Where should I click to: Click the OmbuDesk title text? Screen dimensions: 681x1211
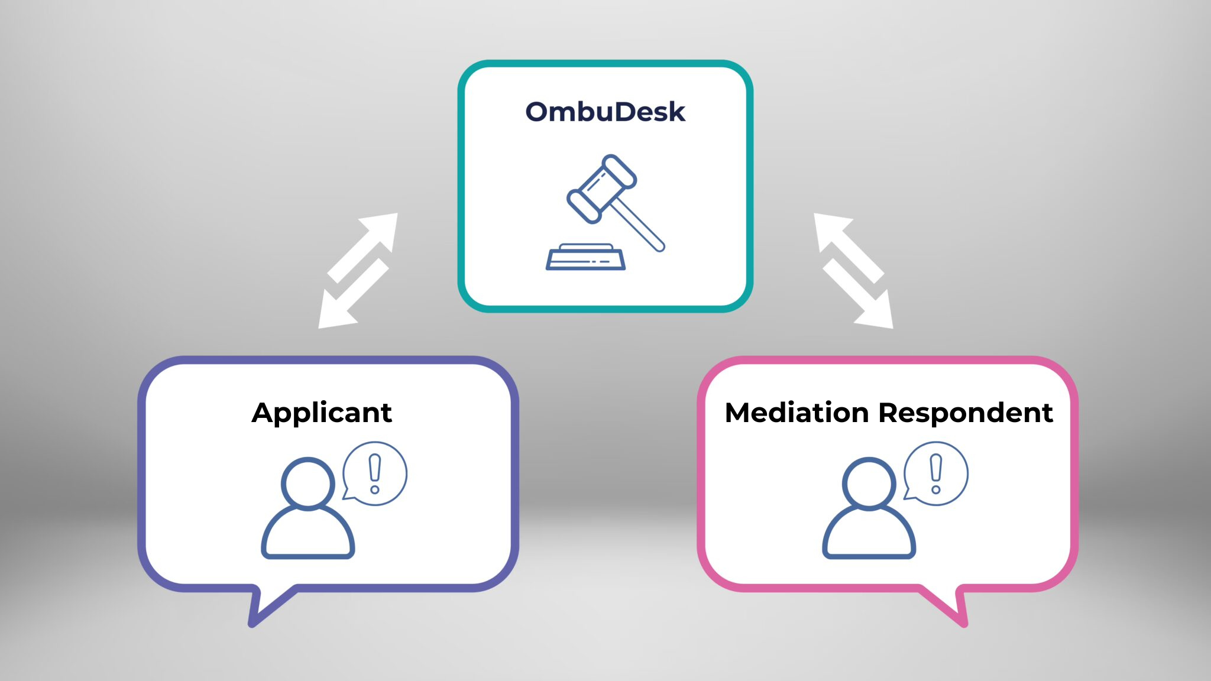tap(605, 112)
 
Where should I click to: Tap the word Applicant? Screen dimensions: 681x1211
tap(322, 413)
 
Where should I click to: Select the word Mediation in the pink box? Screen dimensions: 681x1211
tap(796, 413)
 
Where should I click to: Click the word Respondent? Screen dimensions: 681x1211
tap(966, 413)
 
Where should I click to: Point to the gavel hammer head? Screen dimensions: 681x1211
tap(601, 189)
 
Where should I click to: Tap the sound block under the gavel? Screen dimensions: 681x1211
tap(585, 258)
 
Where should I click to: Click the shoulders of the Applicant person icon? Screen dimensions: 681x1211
tap(307, 535)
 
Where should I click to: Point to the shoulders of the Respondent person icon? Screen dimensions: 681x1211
tap(869, 535)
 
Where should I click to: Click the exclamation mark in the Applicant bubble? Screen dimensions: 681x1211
tap(375, 473)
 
